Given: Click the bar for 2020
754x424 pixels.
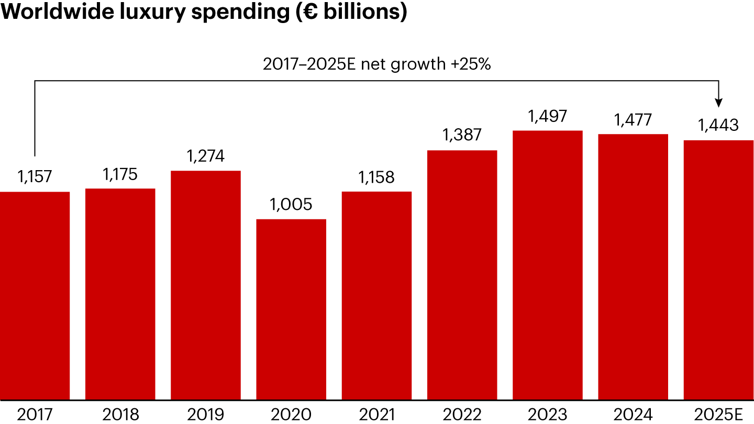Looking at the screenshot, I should (x=291, y=309).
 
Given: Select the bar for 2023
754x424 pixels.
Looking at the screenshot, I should (x=548, y=265).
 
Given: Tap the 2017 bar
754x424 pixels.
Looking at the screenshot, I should (x=35, y=296).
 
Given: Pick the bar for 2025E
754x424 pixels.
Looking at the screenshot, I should (x=718, y=270).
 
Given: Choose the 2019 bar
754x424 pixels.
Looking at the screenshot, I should (x=206, y=285).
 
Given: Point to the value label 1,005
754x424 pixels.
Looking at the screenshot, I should (x=291, y=205).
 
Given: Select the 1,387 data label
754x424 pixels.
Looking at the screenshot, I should (x=462, y=136).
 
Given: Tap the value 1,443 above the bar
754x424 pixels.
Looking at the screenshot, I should (x=718, y=126).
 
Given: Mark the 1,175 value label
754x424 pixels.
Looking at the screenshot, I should (x=120, y=174).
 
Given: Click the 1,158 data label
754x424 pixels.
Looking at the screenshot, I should (x=376, y=177).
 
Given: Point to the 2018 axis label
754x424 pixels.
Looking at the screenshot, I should (x=120, y=415).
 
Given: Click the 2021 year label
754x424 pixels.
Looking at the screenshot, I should (x=376, y=415).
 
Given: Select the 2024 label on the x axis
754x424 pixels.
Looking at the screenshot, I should (x=633, y=415).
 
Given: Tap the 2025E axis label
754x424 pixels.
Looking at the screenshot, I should (x=718, y=415).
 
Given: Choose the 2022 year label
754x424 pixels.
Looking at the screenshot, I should (x=462, y=415).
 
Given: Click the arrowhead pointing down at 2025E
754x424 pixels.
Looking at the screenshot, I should (x=718, y=103).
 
